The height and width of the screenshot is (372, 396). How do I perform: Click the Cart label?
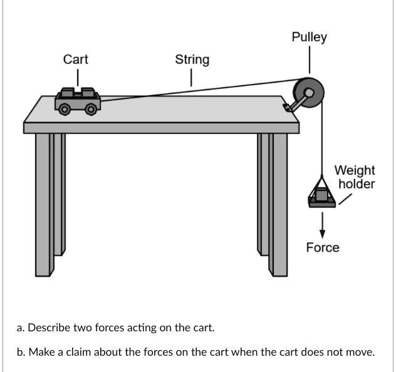point(75,59)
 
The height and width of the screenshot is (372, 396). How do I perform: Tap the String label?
point(192,59)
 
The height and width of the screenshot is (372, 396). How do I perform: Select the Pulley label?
point(309,37)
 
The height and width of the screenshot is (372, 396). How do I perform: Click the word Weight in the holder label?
point(354,170)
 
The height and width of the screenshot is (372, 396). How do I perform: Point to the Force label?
point(323,247)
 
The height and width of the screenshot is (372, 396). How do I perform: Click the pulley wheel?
point(310,92)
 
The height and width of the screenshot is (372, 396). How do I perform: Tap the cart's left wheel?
point(63,109)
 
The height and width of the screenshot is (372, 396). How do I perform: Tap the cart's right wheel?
point(91,109)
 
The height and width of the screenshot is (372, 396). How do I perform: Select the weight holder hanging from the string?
point(322,196)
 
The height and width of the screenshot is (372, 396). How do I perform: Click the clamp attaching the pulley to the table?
point(289,107)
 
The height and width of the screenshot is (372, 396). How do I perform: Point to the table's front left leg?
point(44,204)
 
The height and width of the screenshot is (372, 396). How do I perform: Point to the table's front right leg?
point(279,204)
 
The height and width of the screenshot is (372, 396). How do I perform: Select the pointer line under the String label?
point(191,78)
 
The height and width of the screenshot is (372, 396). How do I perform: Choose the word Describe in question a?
point(49,328)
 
